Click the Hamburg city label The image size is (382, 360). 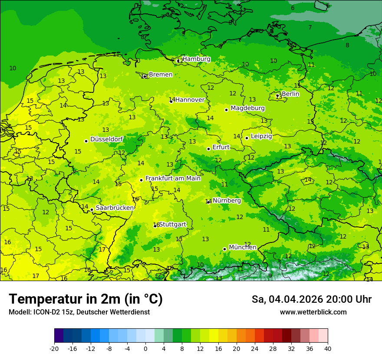[x=196, y=59]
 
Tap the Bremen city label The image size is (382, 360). [x=160, y=75]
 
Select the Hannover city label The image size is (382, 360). [x=190, y=100]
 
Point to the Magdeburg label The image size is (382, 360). [x=247, y=108]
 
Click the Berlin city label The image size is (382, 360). [x=290, y=94]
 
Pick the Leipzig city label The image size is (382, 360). [x=261, y=136]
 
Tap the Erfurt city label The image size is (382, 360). [x=221, y=147]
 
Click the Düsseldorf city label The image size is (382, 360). [x=106, y=139]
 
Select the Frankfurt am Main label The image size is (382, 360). [x=173, y=178]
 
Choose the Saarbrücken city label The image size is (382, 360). [x=115, y=208]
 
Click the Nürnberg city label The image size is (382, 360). [x=227, y=201]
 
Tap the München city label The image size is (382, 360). [x=243, y=247]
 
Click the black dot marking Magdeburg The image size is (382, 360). [x=226, y=110]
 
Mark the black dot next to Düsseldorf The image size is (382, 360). [x=86, y=141]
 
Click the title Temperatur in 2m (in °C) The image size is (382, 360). [x=86, y=299]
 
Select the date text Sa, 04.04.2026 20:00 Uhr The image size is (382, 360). [x=311, y=299]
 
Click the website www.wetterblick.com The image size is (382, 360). [x=313, y=312]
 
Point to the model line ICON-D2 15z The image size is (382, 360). [x=79, y=312]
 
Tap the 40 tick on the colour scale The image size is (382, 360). [x=328, y=348]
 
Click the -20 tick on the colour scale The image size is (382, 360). [x=54, y=348]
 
